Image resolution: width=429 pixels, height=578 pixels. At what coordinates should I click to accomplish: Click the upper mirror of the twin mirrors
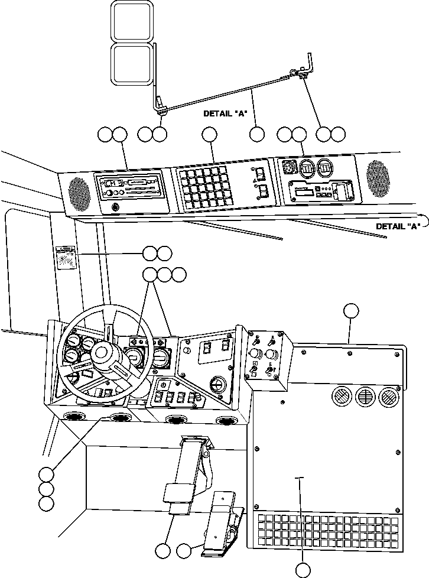pyautogui.click(x=133, y=21)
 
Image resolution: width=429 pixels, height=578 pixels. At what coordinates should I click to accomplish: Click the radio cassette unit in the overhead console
pyautogui.click(x=129, y=187)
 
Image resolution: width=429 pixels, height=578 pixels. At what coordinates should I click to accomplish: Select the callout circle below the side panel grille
pyautogui.click(x=303, y=570)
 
